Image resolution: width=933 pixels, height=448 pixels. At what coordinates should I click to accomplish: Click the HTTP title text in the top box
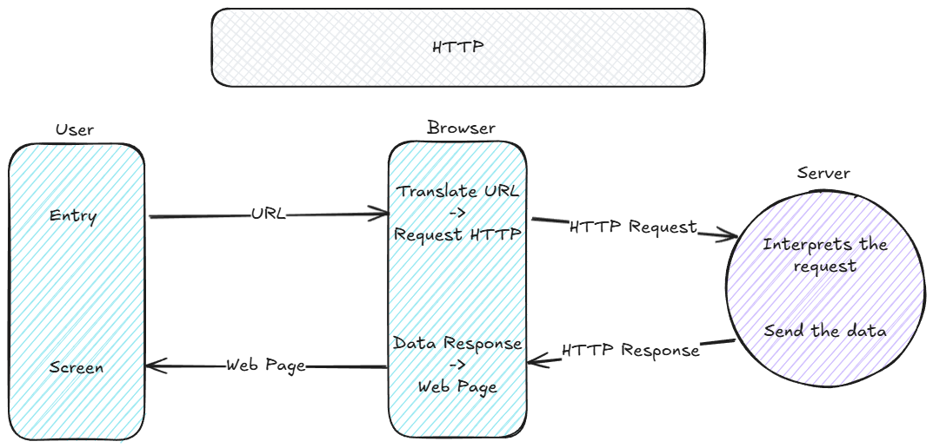tap(457, 47)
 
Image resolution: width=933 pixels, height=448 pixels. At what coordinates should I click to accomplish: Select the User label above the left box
tap(74, 130)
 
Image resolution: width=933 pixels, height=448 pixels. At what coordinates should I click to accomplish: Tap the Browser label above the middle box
tap(461, 128)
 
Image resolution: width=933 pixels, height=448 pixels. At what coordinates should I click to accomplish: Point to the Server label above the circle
tap(823, 173)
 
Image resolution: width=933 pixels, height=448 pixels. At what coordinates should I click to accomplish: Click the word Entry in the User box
tap(73, 215)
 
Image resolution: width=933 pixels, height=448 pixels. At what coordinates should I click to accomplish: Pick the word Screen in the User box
tap(76, 367)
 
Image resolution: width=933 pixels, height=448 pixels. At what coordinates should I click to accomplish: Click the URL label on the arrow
tap(268, 214)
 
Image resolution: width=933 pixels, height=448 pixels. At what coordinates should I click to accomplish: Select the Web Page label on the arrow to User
tap(266, 366)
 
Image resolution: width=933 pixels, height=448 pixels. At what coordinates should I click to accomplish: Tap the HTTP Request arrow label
tap(633, 227)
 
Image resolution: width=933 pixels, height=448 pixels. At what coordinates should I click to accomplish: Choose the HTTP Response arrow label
tap(630, 351)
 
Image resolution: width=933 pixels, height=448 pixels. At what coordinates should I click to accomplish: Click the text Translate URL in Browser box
tap(458, 191)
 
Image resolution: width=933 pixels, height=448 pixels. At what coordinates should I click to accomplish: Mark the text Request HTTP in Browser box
tap(457, 234)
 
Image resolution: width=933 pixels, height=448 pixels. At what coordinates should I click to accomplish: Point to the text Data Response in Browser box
tap(457, 343)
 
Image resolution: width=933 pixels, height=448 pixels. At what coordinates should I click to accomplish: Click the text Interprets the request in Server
tap(824, 254)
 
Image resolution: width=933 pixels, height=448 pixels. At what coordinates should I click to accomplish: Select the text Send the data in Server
tap(824, 331)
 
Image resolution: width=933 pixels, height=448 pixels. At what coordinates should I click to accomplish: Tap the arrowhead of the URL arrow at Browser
tap(382, 214)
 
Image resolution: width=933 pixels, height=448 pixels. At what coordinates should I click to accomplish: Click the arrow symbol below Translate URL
tap(457, 213)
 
